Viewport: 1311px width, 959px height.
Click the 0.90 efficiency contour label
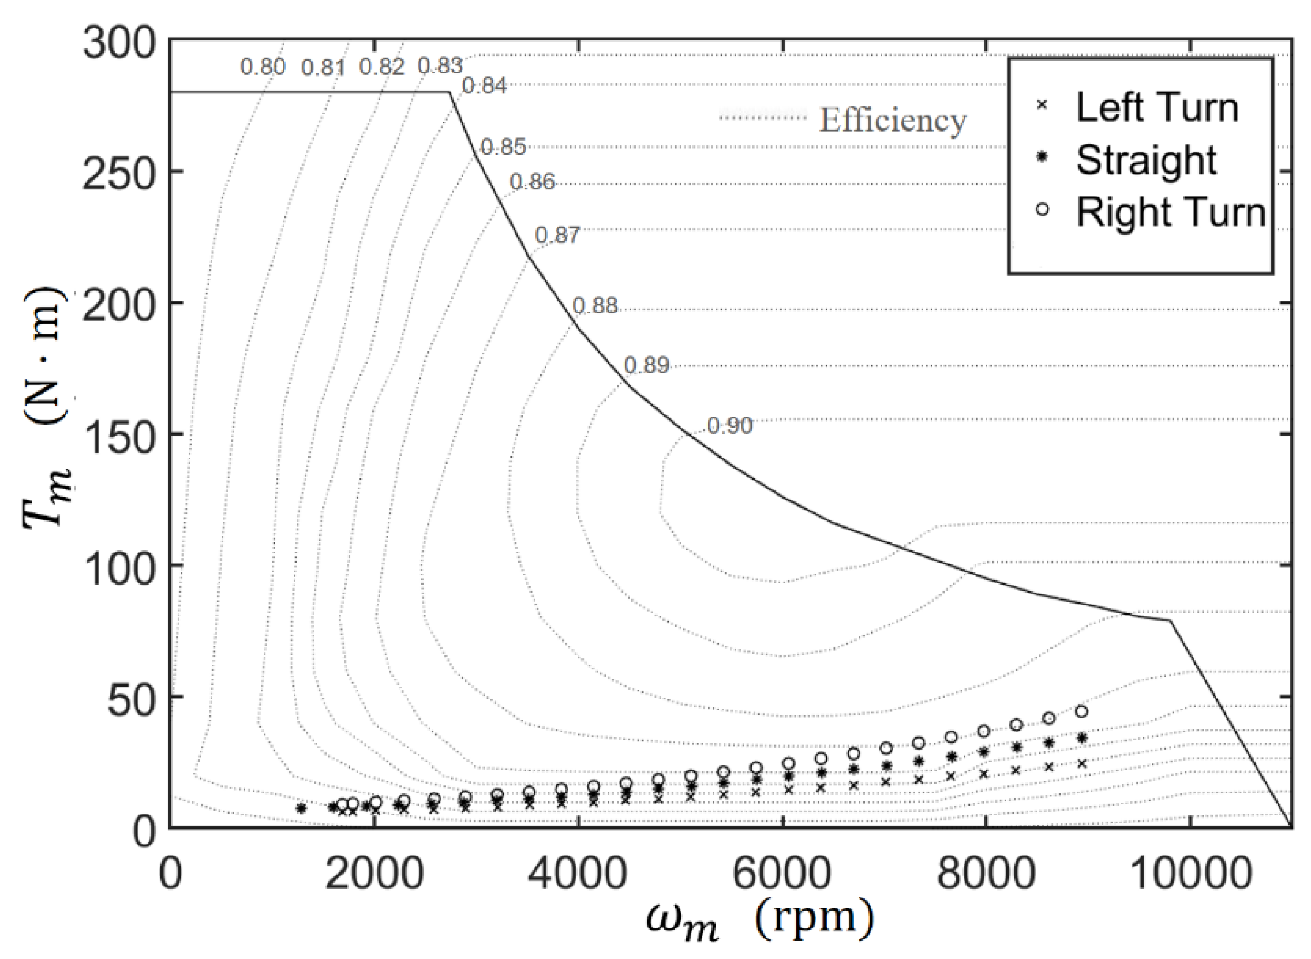[729, 426]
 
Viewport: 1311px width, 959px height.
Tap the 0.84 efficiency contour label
[484, 86]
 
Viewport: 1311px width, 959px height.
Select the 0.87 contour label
[557, 235]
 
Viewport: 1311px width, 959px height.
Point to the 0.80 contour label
[263, 68]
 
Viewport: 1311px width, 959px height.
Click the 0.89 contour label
[646, 365]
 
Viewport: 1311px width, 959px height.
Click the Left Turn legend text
[1156, 107]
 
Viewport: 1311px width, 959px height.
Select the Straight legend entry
[1146, 160]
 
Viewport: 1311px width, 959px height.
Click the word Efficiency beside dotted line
[893, 120]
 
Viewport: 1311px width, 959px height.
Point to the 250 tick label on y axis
[119, 173]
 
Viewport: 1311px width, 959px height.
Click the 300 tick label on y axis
[119, 43]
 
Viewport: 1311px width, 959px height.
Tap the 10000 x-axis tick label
[1192, 874]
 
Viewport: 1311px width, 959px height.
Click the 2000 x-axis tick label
[374, 874]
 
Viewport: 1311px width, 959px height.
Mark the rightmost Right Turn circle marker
[1081, 711]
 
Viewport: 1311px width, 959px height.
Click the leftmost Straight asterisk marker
[301, 808]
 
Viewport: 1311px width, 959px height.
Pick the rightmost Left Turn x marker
[1081, 763]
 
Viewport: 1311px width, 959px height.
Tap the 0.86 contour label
[532, 182]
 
